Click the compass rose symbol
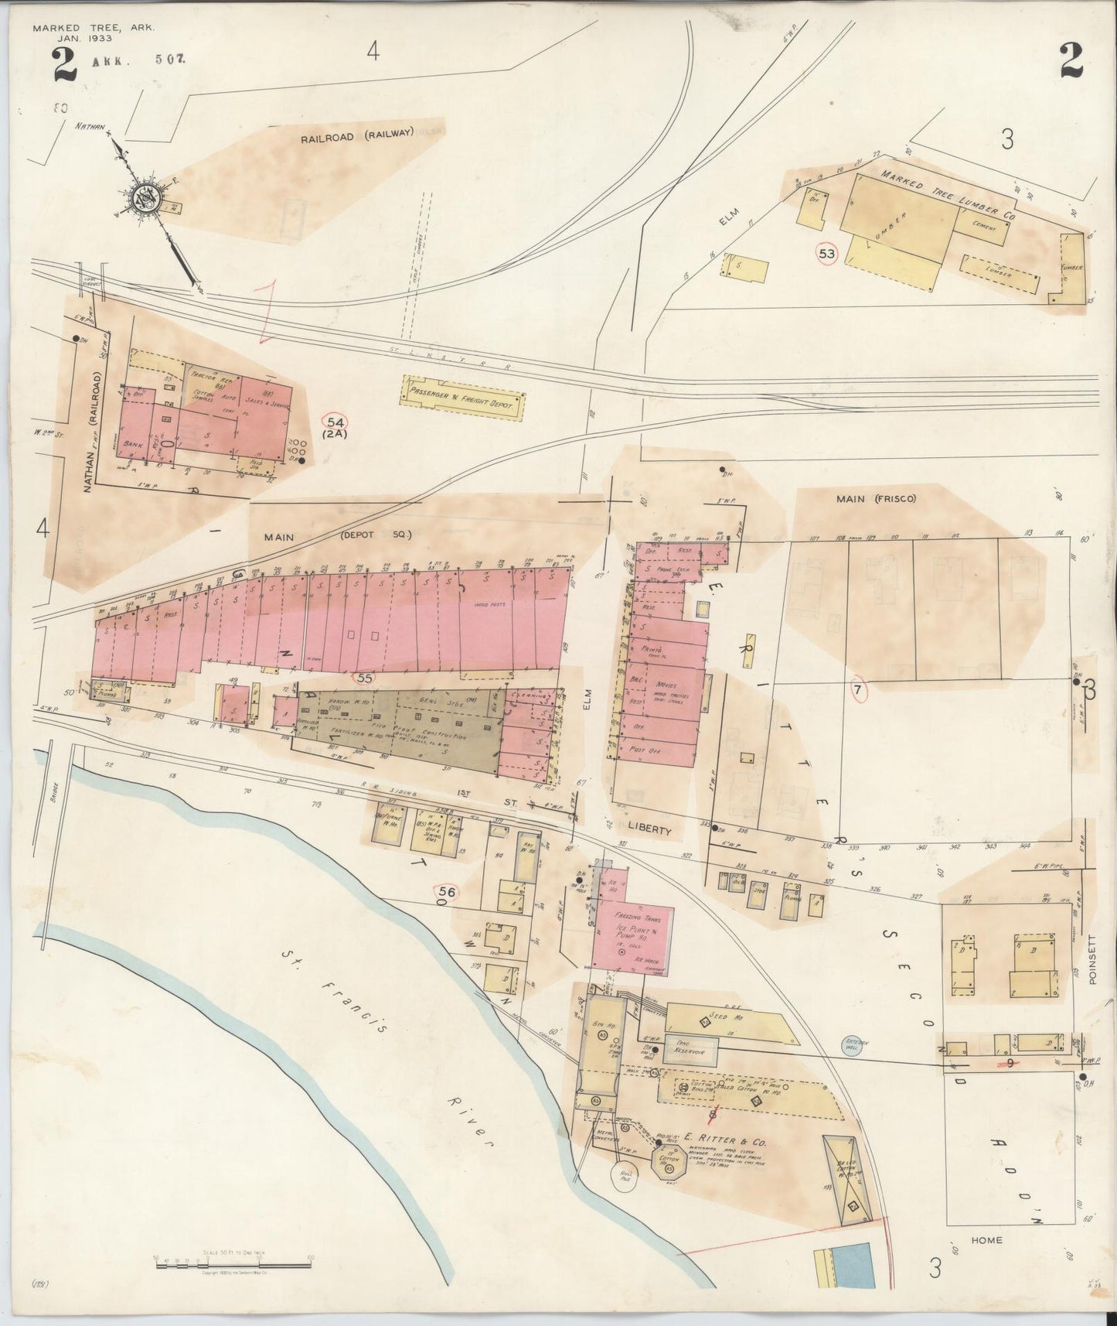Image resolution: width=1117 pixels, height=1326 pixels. [x=145, y=197]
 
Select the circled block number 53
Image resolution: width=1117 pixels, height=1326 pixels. [x=826, y=253]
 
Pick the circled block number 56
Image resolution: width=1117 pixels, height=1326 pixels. [x=445, y=891]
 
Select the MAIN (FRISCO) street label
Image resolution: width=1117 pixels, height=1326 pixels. [x=875, y=499]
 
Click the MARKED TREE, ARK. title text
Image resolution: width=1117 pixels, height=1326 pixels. [x=93, y=28]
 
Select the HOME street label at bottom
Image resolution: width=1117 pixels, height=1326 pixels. [x=987, y=1240]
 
